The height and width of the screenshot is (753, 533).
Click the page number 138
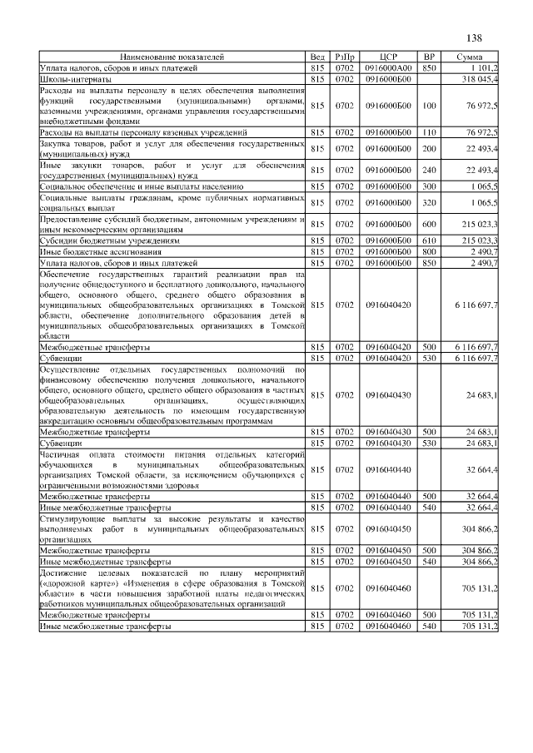(x=474, y=38)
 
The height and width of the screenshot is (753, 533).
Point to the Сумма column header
(x=471, y=57)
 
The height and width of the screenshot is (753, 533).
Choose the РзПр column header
(x=344, y=57)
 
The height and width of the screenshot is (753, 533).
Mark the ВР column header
(x=429, y=57)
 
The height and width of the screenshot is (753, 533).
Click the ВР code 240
(x=429, y=171)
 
